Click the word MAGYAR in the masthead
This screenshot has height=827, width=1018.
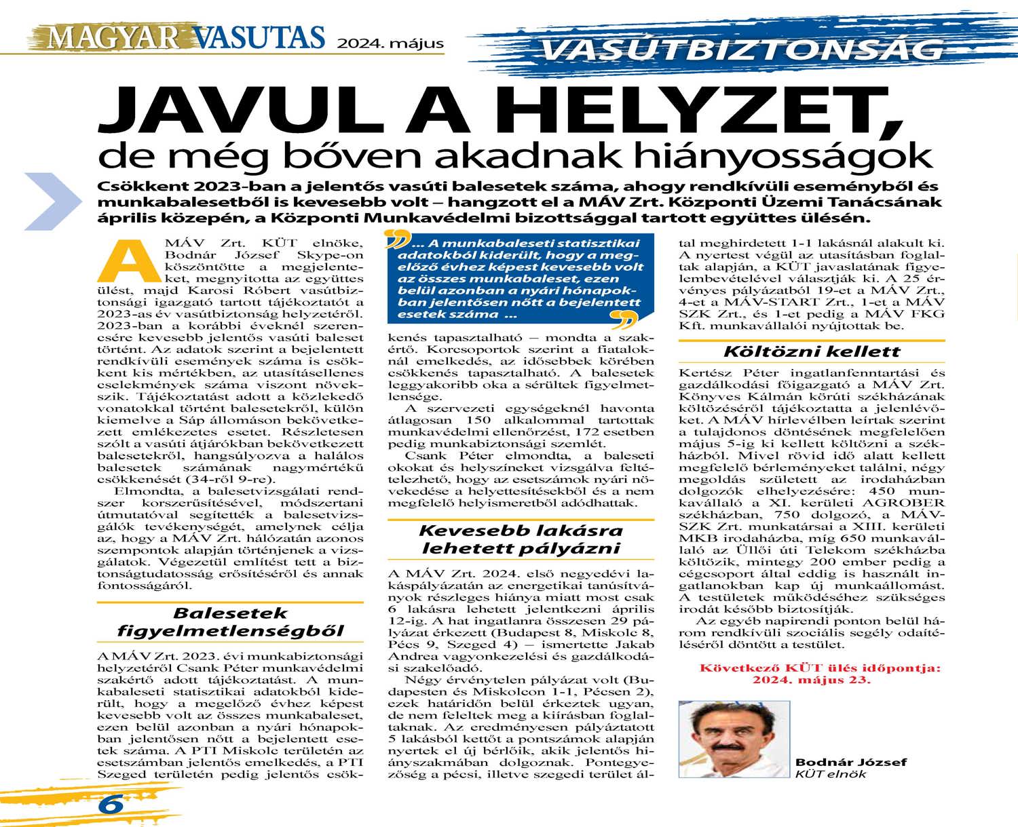pos(112,37)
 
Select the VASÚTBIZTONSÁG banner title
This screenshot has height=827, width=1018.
pos(742,50)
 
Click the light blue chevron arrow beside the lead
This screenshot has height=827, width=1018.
pos(54,201)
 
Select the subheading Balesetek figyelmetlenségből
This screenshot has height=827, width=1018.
pos(231,622)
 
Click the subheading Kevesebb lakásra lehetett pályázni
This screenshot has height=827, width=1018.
pos(521,539)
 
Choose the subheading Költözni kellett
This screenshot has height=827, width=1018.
pos(812,351)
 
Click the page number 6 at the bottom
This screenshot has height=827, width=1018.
pos(111,804)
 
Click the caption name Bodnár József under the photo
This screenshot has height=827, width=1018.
pos(851,762)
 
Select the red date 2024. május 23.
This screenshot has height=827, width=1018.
pos(811,680)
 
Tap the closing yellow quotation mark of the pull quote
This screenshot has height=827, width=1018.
pos(624,318)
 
